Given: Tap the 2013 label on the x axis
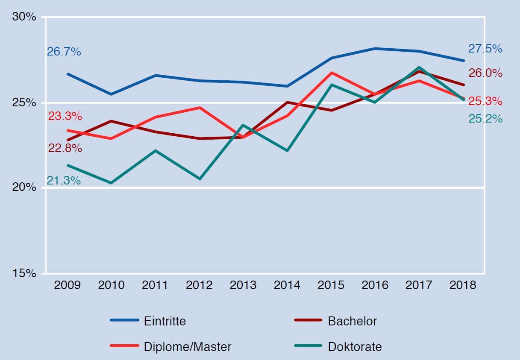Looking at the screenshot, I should [243, 285].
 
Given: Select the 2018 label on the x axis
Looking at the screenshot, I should [463, 285].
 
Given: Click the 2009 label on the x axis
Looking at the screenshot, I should [67, 285].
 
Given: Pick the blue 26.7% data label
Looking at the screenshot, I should [64, 52].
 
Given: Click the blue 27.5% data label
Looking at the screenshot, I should [485, 49].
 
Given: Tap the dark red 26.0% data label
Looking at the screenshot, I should [485, 73].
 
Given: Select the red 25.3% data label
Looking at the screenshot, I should [485, 101].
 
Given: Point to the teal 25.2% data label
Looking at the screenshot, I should [485, 119].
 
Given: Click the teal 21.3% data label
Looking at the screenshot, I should [64, 181].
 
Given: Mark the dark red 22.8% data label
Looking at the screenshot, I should [65, 149].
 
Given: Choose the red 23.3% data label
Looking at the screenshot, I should [65, 116].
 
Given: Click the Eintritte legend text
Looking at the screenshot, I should [165, 321].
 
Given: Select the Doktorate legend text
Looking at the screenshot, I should [355, 346].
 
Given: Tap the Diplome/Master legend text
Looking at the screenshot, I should [188, 346].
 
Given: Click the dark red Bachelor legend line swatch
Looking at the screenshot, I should [308, 320].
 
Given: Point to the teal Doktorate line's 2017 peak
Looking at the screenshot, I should [419, 67].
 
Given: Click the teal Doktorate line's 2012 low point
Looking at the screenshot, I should [200, 179].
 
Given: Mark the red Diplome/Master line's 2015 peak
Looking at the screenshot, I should [331, 73].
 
